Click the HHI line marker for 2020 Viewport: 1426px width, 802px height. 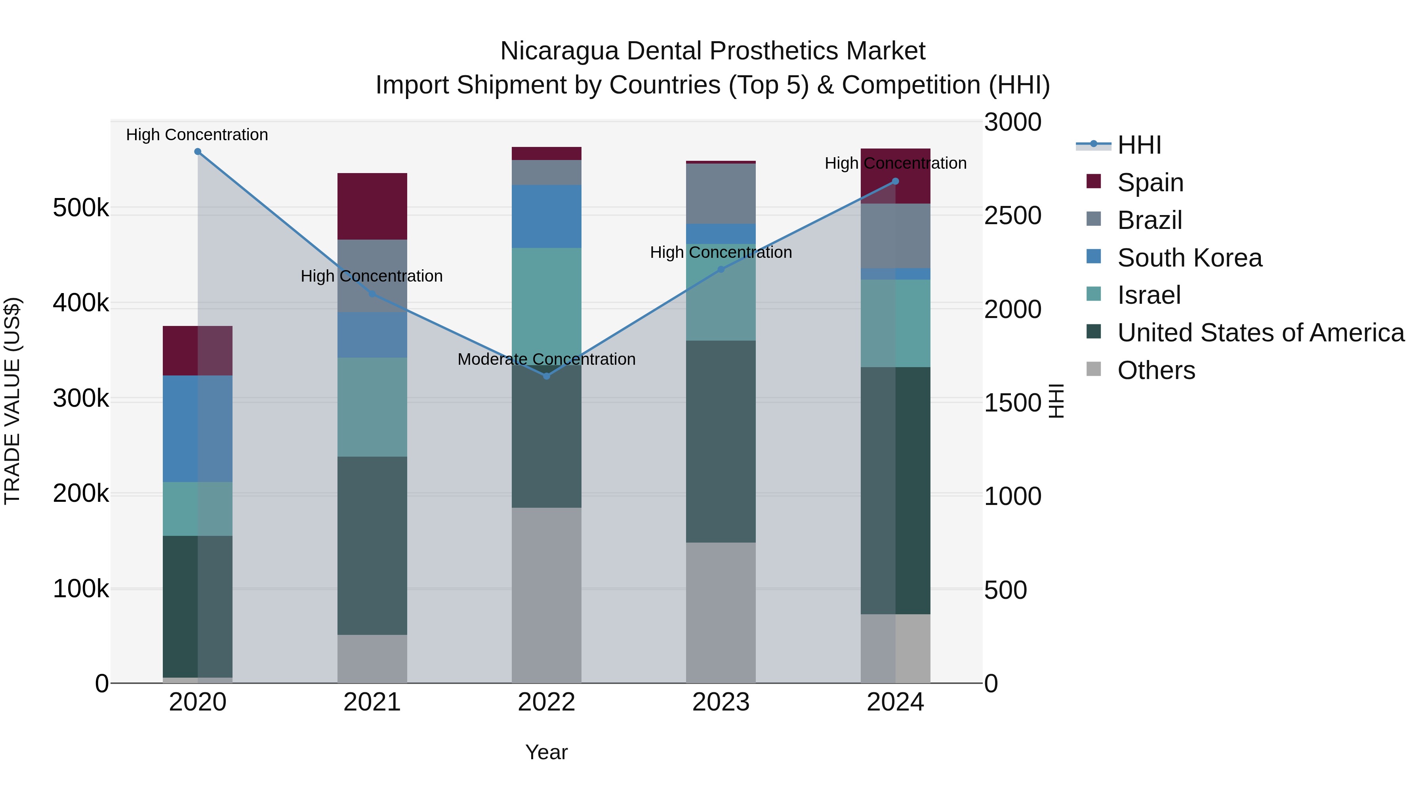pyautogui.click(x=198, y=152)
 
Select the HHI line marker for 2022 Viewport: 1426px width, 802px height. pyautogui.click(x=546, y=376)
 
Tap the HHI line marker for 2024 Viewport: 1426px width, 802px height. pyautogui.click(x=895, y=181)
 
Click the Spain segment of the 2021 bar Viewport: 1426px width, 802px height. pyautogui.click(x=372, y=206)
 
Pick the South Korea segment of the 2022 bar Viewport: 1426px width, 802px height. pyautogui.click(x=546, y=216)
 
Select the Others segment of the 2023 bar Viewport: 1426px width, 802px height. pyautogui.click(x=721, y=612)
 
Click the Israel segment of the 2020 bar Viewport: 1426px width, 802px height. pyautogui.click(x=198, y=509)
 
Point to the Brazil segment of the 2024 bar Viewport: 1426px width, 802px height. pyautogui.click(x=895, y=236)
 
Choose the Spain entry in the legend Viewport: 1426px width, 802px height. pyautogui.click(x=1150, y=183)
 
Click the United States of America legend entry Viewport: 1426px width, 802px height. pyautogui.click(x=1260, y=333)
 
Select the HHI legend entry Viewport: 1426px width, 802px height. pyautogui.click(x=1139, y=145)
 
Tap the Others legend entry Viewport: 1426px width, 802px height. pyautogui.click(x=1156, y=370)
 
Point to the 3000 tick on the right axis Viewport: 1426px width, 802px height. pyautogui.click(x=1012, y=122)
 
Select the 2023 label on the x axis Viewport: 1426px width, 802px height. pyautogui.click(x=721, y=702)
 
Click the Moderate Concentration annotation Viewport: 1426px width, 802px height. pyautogui.click(x=546, y=359)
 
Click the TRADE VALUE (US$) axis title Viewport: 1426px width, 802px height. pyautogui.click(x=12, y=401)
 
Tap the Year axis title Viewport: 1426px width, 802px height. pyautogui.click(x=546, y=752)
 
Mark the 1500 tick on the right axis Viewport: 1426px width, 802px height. pyautogui.click(x=1012, y=402)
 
